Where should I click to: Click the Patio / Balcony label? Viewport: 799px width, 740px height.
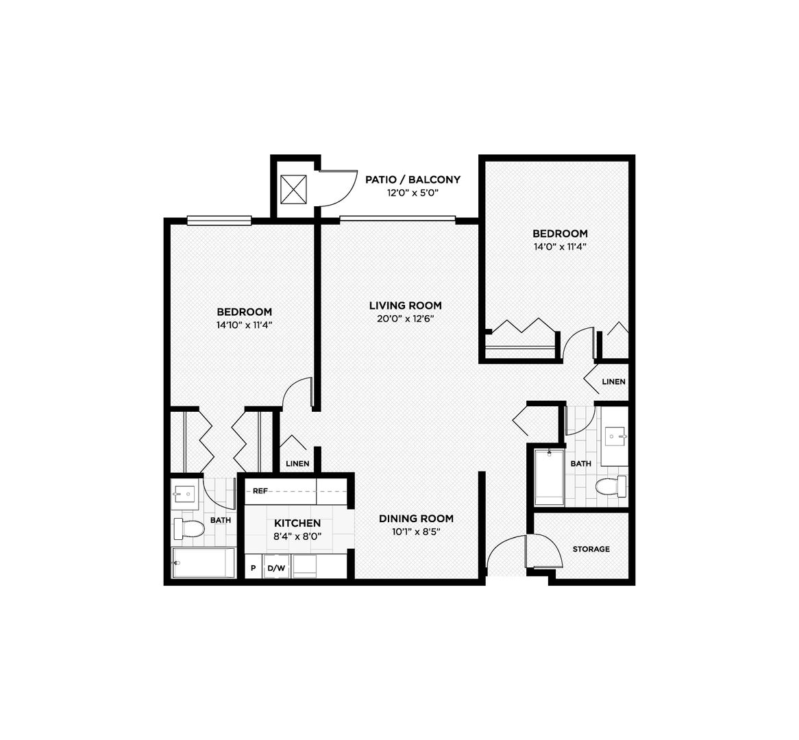(x=412, y=180)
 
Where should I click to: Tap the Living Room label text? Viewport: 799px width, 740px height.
(x=405, y=306)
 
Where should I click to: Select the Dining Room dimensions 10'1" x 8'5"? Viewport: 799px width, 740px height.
(x=416, y=531)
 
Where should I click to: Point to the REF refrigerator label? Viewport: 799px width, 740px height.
(x=260, y=491)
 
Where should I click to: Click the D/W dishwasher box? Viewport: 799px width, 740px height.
(x=276, y=568)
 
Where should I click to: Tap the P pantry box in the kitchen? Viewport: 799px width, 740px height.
(x=253, y=568)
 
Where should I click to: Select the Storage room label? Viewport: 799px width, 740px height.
(x=591, y=549)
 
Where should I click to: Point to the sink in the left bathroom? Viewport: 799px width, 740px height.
(x=184, y=492)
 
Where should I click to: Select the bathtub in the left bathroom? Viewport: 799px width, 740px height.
(x=203, y=563)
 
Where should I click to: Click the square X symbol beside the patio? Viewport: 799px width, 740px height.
(x=293, y=188)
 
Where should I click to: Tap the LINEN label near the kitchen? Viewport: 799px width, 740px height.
(x=297, y=464)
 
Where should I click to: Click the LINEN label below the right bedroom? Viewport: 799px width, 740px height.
(x=613, y=382)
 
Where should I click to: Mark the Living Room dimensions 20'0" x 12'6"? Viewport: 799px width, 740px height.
(x=405, y=319)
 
